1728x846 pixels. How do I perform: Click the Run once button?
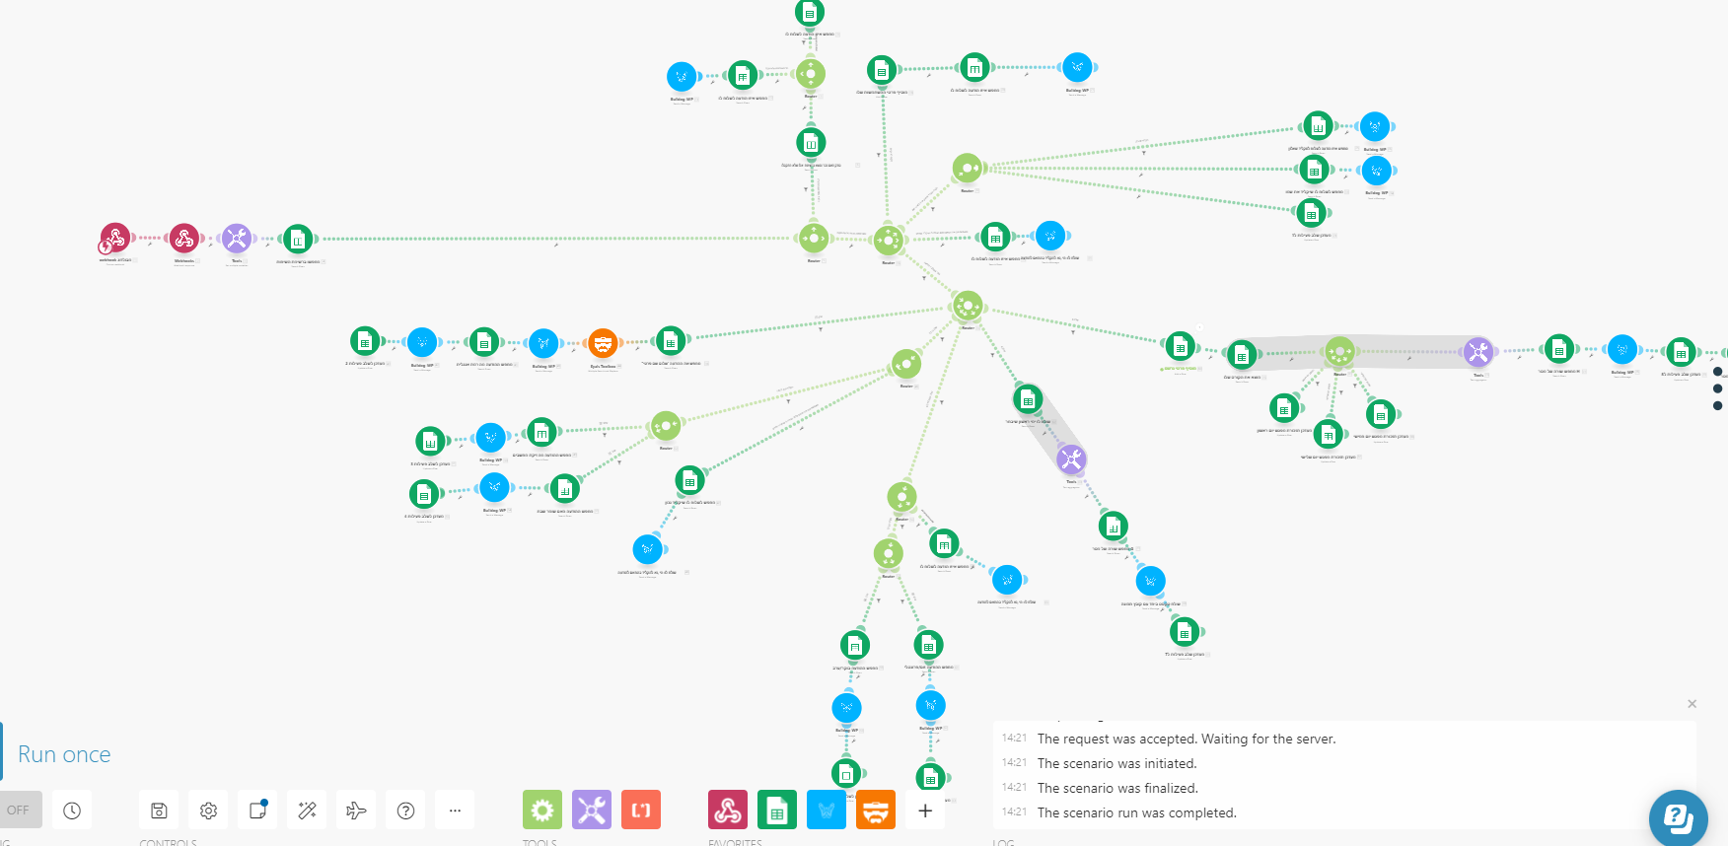click(x=64, y=754)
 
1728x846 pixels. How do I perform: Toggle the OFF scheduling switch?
click(x=20, y=811)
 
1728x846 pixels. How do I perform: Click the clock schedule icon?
click(x=72, y=811)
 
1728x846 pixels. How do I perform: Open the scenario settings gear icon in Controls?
click(x=208, y=811)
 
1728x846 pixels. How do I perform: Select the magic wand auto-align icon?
click(x=307, y=811)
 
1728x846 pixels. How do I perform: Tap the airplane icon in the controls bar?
click(x=356, y=811)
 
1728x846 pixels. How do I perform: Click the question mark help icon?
click(x=405, y=811)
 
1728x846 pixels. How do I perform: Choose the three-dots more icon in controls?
click(x=455, y=811)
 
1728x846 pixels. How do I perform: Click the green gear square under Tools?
click(x=541, y=811)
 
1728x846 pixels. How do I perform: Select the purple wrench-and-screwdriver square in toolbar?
click(x=592, y=811)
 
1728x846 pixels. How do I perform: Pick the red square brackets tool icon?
click(x=641, y=811)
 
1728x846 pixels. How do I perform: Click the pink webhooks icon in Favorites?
click(x=728, y=811)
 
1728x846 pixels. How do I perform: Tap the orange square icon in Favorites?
click(x=876, y=811)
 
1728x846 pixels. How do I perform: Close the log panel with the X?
click(x=1692, y=704)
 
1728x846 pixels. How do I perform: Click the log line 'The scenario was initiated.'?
click(x=1116, y=763)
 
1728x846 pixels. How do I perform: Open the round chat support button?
click(x=1678, y=817)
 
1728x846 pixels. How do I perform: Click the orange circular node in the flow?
click(x=603, y=343)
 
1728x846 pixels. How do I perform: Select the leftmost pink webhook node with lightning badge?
click(x=114, y=239)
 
